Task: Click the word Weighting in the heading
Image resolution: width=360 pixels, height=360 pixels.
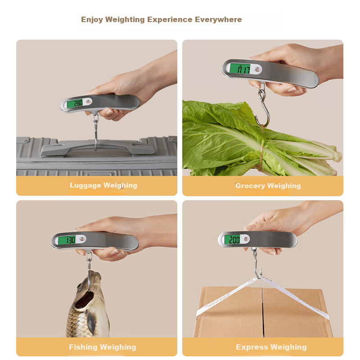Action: coord(125,20)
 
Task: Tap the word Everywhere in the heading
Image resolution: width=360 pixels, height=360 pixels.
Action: coord(218,19)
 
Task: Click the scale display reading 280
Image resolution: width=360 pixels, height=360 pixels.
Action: coord(75,103)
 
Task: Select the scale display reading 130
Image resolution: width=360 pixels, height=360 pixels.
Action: coord(67,240)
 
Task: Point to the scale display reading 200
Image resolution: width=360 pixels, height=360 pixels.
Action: coord(232,240)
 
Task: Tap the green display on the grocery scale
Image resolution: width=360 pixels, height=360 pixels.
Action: coord(240,69)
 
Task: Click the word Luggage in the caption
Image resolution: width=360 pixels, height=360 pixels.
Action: coord(85,185)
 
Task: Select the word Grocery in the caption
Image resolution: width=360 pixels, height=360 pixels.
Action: coord(250,186)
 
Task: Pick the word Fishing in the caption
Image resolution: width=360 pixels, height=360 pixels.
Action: coord(83,347)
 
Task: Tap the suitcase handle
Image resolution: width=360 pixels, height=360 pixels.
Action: coord(98,148)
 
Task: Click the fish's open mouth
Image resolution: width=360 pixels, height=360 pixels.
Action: coord(85,299)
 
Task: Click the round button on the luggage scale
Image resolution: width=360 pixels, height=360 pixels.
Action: coord(88,101)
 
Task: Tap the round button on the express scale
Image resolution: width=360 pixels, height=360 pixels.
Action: coord(246,239)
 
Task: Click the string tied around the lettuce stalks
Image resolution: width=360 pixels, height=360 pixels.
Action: coord(261,149)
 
